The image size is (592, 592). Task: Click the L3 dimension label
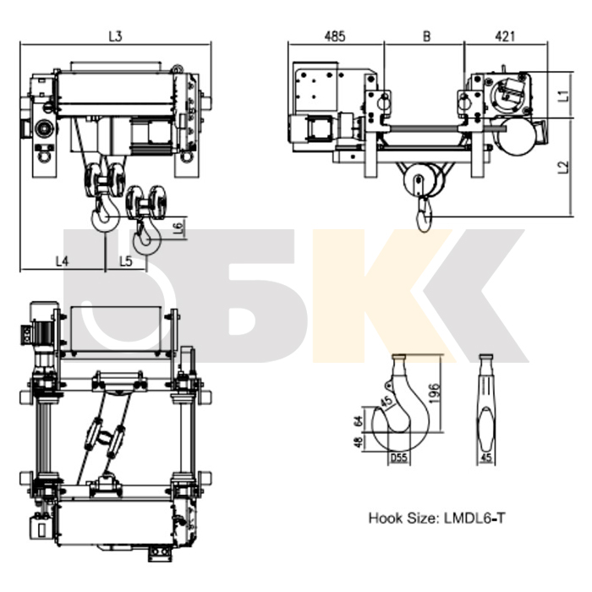(116, 36)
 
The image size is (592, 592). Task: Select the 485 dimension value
(335, 36)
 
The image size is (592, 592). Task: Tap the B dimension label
(426, 36)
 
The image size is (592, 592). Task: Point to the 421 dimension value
(505, 36)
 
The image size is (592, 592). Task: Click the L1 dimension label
(564, 95)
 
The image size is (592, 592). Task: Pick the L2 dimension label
(564, 167)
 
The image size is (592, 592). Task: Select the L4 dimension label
(63, 260)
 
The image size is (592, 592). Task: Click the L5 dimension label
(126, 260)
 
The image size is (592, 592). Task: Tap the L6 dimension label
(179, 226)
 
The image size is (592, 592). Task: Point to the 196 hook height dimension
(435, 393)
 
